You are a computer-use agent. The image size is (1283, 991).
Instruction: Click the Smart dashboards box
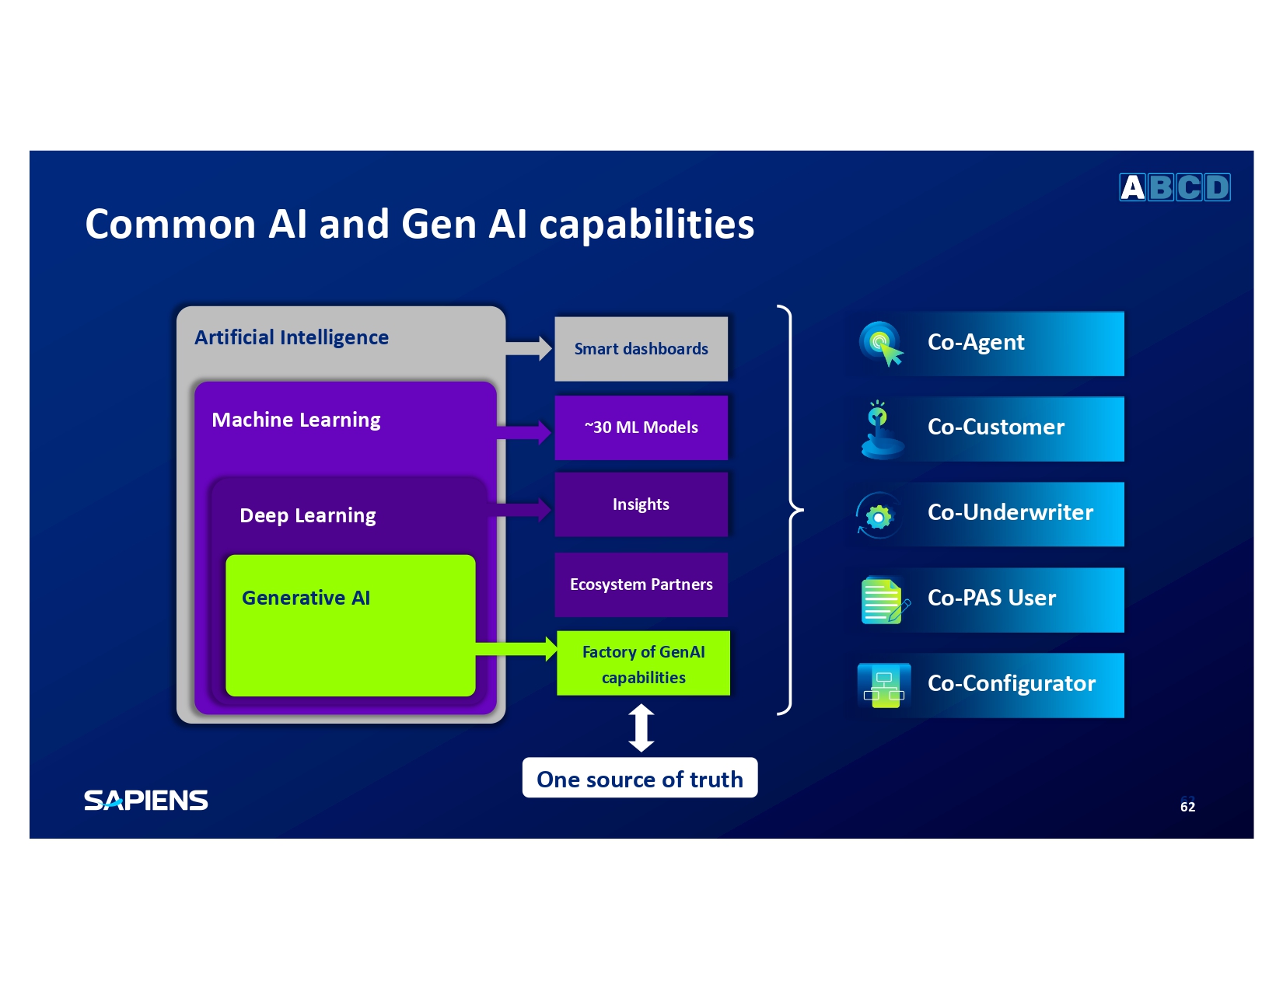click(x=641, y=349)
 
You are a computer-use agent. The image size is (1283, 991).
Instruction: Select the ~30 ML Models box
click(x=641, y=427)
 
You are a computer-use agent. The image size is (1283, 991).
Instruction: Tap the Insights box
click(x=641, y=504)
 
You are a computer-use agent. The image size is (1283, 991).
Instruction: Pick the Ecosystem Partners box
click(x=641, y=584)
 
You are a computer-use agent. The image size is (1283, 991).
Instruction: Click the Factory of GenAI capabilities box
click(x=643, y=664)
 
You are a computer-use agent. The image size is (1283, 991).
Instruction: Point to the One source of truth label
click(x=639, y=779)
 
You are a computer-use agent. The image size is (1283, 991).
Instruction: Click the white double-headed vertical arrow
click(x=641, y=728)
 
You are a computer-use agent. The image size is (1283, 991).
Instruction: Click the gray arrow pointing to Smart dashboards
click(x=530, y=348)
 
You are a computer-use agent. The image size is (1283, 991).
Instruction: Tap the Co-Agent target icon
click(x=881, y=344)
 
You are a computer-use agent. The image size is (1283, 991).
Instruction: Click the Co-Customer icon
click(x=880, y=430)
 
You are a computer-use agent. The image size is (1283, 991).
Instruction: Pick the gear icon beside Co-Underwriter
click(x=879, y=516)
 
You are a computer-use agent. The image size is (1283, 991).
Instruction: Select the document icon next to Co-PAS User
click(x=883, y=601)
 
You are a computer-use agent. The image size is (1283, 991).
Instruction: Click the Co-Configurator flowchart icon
click(x=884, y=686)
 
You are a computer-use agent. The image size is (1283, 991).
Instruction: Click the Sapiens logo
click(x=146, y=801)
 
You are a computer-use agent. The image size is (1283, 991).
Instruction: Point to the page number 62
click(x=1187, y=807)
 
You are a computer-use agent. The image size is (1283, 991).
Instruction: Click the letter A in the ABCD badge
click(x=1133, y=187)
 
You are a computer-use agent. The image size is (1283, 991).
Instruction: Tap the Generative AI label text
click(x=306, y=598)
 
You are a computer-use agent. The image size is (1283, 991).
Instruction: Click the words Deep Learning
click(x=307, y=515)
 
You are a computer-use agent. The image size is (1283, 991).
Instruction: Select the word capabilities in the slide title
click(x=646, y=225)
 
